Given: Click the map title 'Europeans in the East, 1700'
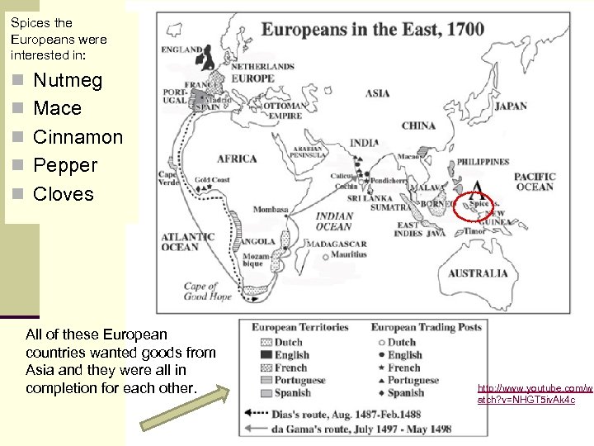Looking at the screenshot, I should pyautogui.click(x=373, y=30).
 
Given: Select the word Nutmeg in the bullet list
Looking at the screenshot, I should pyautogui.click(x=68, y=81).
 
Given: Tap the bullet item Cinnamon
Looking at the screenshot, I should pyautogui.click(x=78, y=137).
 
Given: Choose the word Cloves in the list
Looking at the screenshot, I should pyautogui.click(x=64, y=194).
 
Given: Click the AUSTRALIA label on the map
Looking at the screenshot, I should pyautogui.click(x=478, y=273).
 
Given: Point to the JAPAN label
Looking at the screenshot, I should pyautogui.click(x=510, y=106).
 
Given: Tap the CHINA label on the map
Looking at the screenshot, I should pyautogui.click(x=418, y=126).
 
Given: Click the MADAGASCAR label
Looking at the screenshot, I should pyautogui.click(x=337, y=244).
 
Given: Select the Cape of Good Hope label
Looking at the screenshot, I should pyautogui.click(x=207, y=292).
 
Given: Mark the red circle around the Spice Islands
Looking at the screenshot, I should pyautogui.click(x=475, y=205).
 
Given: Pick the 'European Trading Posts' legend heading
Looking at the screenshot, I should pyautogui.click(x=426, y=328).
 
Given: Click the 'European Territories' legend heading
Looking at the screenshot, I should pyautogui.click(x=299, y=328).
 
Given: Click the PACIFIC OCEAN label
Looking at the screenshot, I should pyautogui.click(x=535, y=182).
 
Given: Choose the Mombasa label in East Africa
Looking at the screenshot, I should pyautogui.click(x=271, y=210).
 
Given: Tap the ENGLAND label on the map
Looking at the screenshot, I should pyautogui.click(x=181, y=50).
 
